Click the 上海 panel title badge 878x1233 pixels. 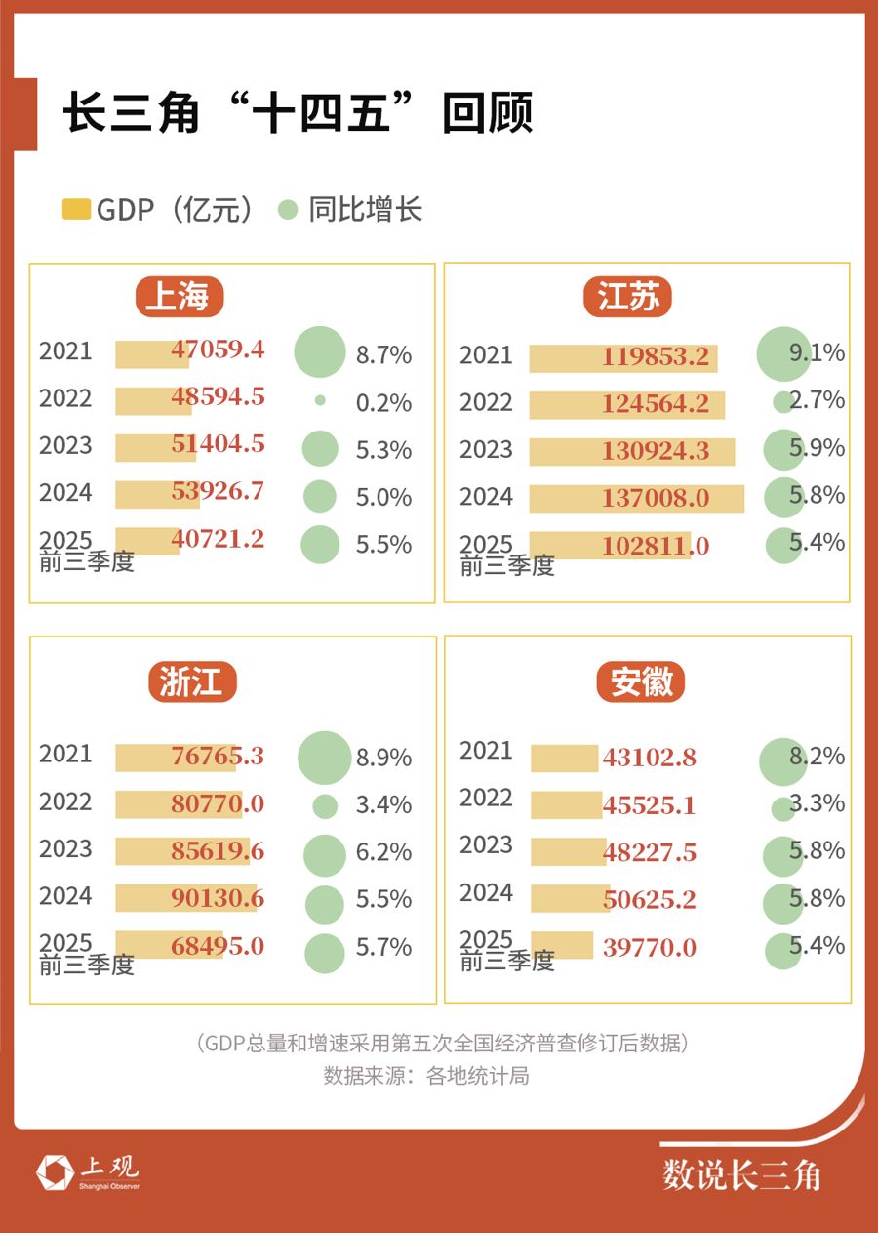coord(179,297)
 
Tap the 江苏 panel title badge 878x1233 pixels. coord(629,297)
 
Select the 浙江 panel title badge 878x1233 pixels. coord(192,681)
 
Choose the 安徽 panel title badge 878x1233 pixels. coord(641,681)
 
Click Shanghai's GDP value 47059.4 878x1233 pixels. coord(218,349)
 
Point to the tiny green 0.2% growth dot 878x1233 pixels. coord(320,400)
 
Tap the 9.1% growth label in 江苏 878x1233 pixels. coord(818,352)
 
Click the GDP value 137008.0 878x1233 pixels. coord(655,499)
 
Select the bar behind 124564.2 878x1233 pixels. coord(626,404)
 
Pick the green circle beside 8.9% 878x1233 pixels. coord(324,758)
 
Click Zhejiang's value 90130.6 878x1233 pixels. coord(217,898)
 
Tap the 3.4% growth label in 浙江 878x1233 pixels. coord(383,805)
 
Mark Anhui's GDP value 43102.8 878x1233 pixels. coord(649,757)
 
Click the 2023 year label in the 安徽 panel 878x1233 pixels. coord(486,844)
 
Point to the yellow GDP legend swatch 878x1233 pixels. coord(76,209)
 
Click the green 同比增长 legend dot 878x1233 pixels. coord(287,209)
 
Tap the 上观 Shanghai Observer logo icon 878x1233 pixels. coord(55,1172)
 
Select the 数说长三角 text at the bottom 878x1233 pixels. coord(741,1174)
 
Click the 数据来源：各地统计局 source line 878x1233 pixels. coord(426,1077)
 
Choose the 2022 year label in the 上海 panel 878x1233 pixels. coord(65,398)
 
